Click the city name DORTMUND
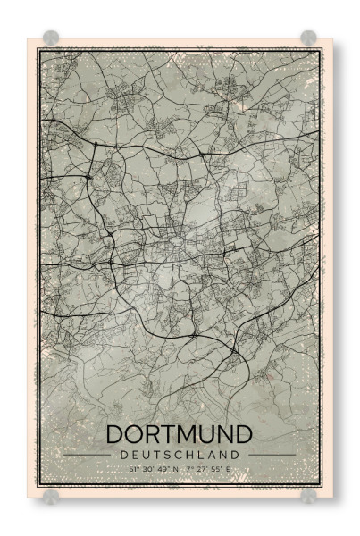[180, 434]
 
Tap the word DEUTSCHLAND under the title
[180, 454]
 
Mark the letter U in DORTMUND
[209, 434]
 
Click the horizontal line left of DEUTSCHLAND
[89, 455]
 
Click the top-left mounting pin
[52, 38]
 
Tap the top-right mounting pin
[308, 38]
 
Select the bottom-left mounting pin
[52, 494]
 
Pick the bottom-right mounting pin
[308, 494]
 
